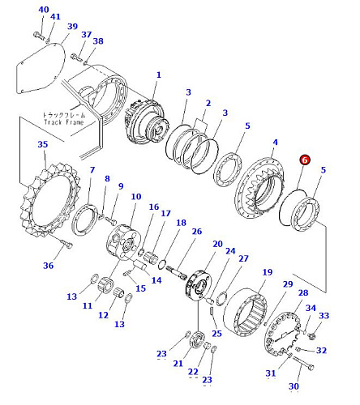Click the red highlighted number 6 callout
coord(305,160)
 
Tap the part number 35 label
coord(43,144)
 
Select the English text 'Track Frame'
coord(64,122)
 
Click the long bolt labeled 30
coord(302,363)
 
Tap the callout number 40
coord(44,10)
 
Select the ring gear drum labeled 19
coord(246,312)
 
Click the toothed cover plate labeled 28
coord(281,335)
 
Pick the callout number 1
coord(159,75)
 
